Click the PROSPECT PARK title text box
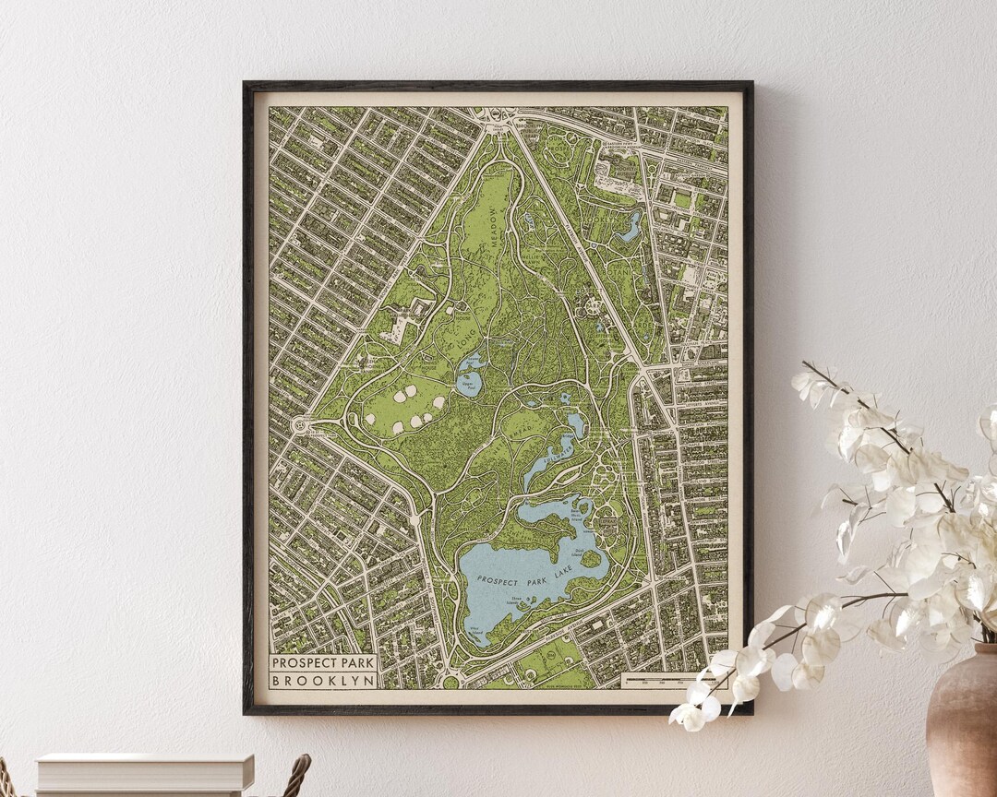(x=323, y=662)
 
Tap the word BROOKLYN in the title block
(x=323, y=680)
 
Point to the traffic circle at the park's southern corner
(x=450, y=682)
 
